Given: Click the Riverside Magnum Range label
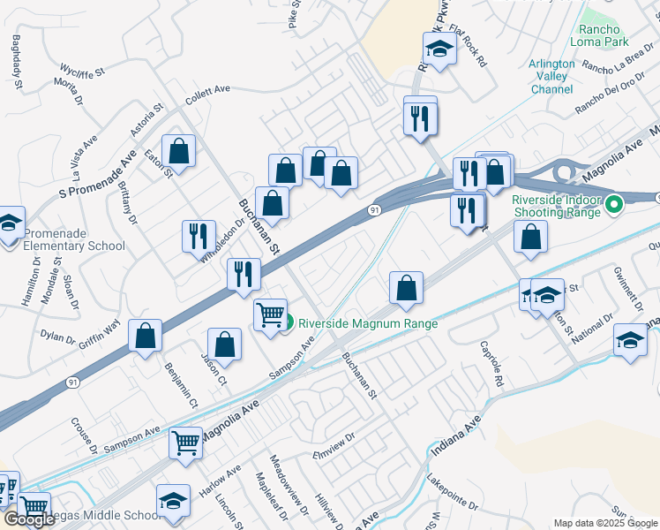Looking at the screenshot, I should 369,323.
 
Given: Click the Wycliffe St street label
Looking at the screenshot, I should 82,70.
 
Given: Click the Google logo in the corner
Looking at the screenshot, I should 30,519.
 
